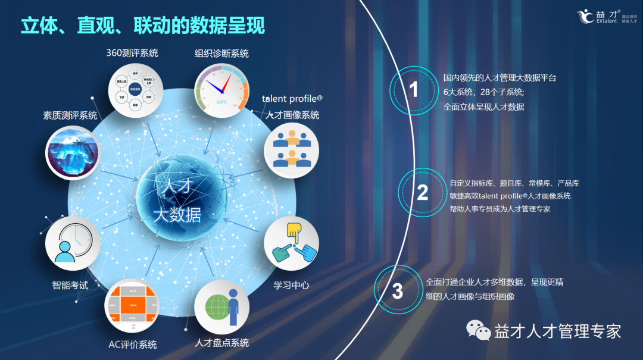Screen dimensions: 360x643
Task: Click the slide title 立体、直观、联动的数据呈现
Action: tap(143, 26)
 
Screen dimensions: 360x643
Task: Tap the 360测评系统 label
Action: tap(132, 53)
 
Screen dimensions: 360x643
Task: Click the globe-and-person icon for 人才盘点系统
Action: tap(221, 307)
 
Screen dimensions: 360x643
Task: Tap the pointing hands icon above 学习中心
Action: tap(291, 243)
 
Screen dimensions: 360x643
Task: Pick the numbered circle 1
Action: tap(414, 90)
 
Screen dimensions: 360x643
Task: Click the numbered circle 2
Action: tap(422, 192)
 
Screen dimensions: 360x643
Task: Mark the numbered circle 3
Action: tap(398, 291)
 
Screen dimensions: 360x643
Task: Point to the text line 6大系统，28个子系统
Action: tap(483, 92)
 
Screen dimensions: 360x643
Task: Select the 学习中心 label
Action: tap(291, 285)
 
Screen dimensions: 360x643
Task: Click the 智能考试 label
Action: tap(70, 286)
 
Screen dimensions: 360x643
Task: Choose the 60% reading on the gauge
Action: tap(221, 102)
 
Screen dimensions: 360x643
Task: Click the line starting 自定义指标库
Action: tap(514, 183)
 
